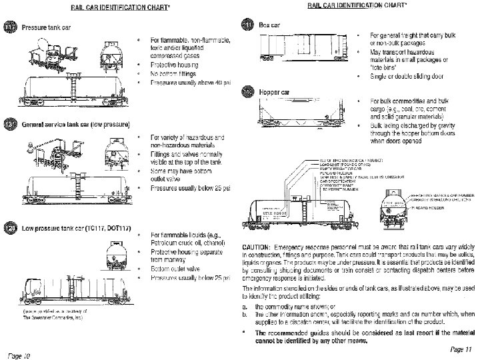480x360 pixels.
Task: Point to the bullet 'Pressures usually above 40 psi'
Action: click(191, 82)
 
